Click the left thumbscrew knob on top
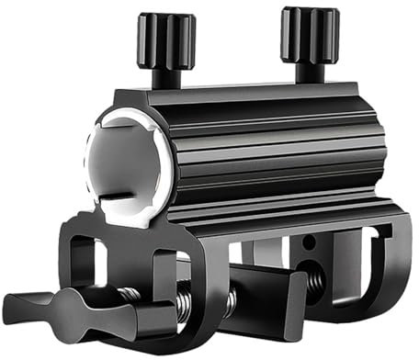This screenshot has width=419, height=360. click(166, 42)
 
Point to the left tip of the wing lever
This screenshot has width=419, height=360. click(13, 302)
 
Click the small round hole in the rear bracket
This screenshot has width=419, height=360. click(309, 242)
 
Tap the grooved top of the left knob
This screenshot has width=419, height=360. click(166, 20)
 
